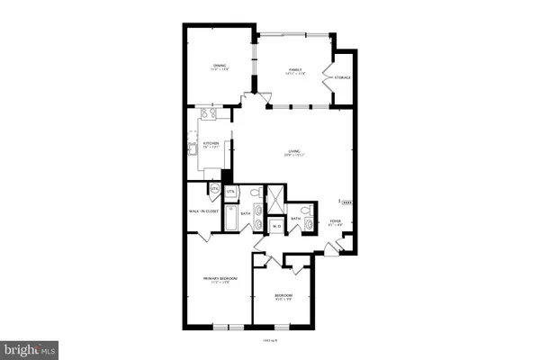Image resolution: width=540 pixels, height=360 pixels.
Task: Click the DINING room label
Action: pyautogui.click(x=220, y=65)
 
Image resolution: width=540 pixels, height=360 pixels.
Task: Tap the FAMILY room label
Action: pyautogui.click(x=294, y=69)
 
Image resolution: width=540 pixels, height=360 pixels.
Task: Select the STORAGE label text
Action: pyautogui.click(x=342, y=78)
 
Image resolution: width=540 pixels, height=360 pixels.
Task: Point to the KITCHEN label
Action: pyautogui.click(x=211, y=143)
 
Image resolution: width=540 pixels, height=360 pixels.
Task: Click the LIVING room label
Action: pyautogui.click(x=294, y=150)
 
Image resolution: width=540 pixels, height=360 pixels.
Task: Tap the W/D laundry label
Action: pyautogui.click(x=278, y=227)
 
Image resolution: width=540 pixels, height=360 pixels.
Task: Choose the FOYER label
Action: pyautogui.click(x=335, y=220)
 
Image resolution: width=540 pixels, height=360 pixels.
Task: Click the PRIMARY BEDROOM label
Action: pyautogui.click(x=220, y=279)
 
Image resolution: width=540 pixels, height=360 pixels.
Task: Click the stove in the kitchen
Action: pyautogui.click(x=209, y=114)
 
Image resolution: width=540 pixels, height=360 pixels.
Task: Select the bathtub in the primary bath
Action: pyautogui.click(x=230, y=218)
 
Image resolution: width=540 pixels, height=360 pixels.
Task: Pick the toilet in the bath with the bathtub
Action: pyautogui.click(x=255, y=193)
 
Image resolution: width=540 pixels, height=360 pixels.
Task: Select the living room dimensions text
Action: pyautogui.click(x=294, y=156)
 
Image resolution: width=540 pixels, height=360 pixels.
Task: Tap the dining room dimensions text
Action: pyautogui.click(x=220, y=70)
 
